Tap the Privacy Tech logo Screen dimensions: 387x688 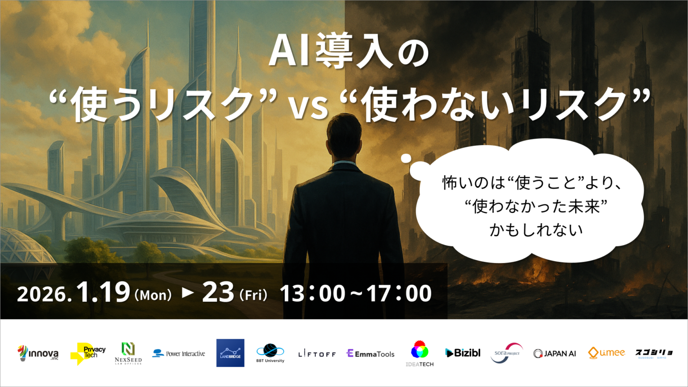(88, 353)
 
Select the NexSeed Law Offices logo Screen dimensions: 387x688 (128, 353)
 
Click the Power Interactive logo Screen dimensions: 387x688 (179, 353)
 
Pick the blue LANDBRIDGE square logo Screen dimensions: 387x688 (230, 353)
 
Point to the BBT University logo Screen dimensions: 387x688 (270, 353)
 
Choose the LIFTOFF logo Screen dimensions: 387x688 (317, 354)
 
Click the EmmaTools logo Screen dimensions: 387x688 (370, 354)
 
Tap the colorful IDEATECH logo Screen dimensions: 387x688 (420, 353)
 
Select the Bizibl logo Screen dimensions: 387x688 (463, 353)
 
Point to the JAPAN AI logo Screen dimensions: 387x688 (555, 353)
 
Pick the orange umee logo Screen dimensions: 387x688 (606, 353)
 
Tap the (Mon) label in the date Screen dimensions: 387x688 (153, 295)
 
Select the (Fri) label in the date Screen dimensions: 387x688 (254, 295)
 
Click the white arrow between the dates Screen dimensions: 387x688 (188, 292)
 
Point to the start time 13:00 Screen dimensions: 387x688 (312, 294)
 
